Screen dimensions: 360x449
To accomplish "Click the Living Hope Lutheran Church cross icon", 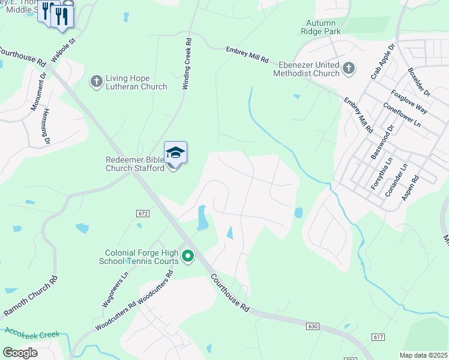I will (x=96, y=81).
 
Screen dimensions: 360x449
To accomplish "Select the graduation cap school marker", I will (x=175, y=152).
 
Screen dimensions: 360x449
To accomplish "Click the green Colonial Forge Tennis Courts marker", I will (x=188, y=257).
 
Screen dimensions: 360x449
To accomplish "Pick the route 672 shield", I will (x=143, y=213).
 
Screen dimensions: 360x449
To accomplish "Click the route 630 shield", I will (x=312, y=326).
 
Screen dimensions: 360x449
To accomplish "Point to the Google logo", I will (x=20, y=352).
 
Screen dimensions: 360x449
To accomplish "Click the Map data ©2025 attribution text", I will (x=424, y=355).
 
